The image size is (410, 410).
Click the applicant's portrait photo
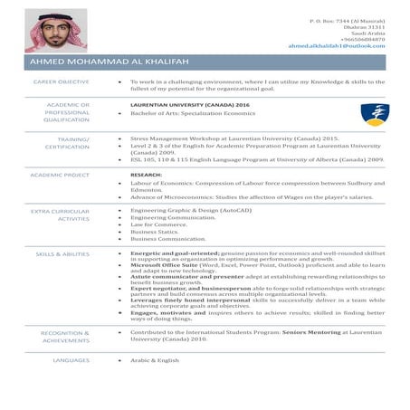(55, 31)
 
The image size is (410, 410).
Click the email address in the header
(336, 45)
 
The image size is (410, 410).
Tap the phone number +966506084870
(362, 39)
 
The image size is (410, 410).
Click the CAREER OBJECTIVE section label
(61, 81)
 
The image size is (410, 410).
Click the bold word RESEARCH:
(146, 174)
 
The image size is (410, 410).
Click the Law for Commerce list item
(159, 224)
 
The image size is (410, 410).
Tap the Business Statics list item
(155, 232)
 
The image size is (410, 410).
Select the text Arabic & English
(155, 360)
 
